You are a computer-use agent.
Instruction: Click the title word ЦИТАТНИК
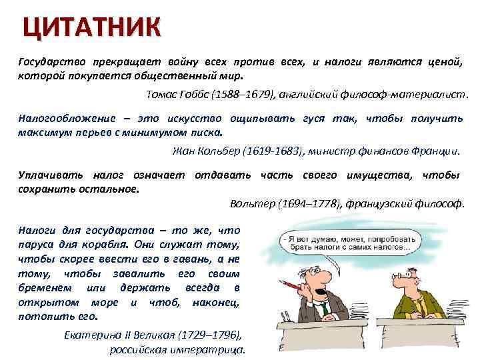click(x=92, y=27)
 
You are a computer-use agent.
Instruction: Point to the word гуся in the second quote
click(x=313, y=118)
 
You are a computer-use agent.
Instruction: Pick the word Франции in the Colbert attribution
click(x=437, y=150)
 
